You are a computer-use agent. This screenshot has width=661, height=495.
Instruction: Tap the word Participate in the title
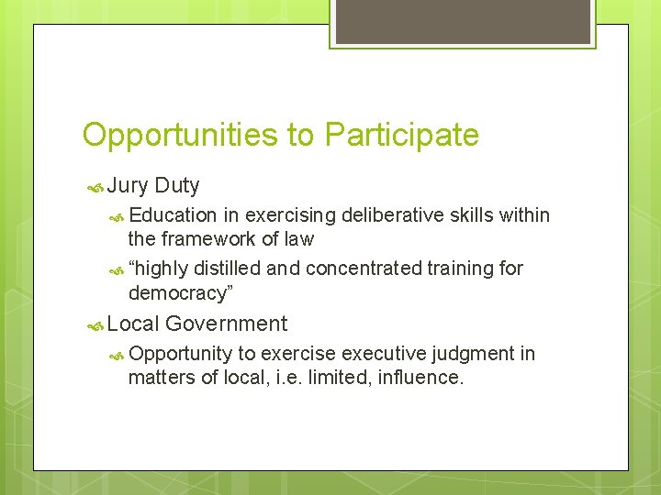pyautogui.click(x=401, y=135)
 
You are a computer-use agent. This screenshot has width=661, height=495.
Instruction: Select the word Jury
pyautogui.click(x=128, y=186)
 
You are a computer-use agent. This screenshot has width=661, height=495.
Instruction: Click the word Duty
pyautogui.click(x=177, y=186)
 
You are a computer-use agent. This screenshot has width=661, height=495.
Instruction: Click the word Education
pyautogui.click(x=174, y=215)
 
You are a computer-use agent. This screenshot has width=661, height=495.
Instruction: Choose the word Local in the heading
pyautogui.click(x=133, y=324)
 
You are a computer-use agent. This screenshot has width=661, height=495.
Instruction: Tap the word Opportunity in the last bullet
pyautogui.click(x=181, y=354)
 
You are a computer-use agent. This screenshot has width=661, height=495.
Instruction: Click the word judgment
pyautogui.click(x=470, y=354)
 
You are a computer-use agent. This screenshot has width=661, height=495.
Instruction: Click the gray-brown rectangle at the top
pyautogui.click(x=462, y=21)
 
